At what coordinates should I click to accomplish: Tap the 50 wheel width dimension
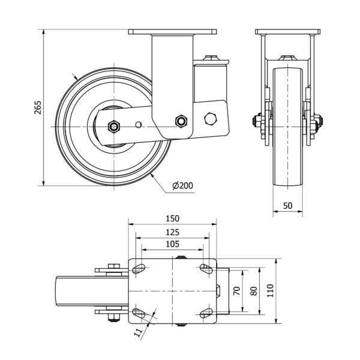coord(287,205)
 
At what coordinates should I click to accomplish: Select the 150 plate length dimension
coord(173,219)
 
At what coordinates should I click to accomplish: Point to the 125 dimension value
coord(173,232)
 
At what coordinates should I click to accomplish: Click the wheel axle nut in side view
coord(113,127)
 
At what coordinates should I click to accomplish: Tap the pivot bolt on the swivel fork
coord(180,121)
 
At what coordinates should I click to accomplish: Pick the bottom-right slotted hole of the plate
coord(207,312)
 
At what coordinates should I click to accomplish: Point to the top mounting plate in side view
coord(172,32)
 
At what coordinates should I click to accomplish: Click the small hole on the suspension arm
coord(139,125)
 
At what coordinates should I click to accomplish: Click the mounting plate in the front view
coord(287,32)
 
